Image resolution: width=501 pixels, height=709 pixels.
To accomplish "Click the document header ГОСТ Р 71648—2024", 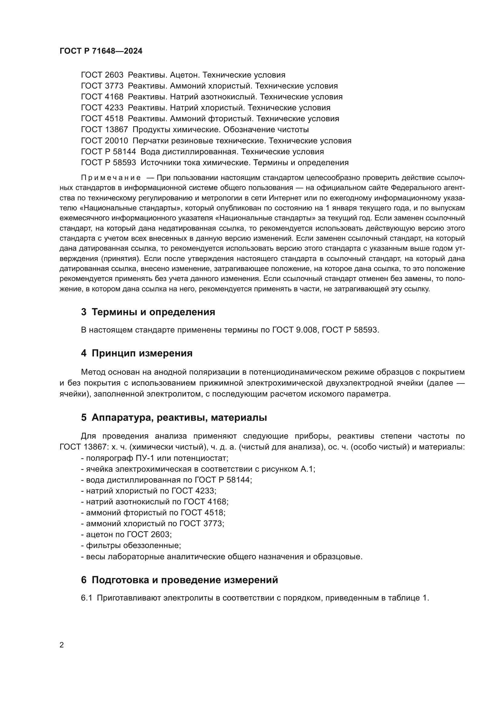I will point(101,51).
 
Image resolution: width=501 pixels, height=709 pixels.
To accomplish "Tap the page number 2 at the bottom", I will point(62,645).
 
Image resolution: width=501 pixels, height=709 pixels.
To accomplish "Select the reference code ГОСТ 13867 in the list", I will point(104,130).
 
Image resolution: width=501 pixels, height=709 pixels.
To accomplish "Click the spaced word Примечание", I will point(111,178).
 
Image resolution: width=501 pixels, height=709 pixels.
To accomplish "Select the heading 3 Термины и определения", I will point(148,312).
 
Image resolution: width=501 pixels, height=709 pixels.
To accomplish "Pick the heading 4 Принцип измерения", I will point(137,353).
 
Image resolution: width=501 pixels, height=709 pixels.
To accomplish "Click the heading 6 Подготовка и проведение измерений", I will point(179,580).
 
